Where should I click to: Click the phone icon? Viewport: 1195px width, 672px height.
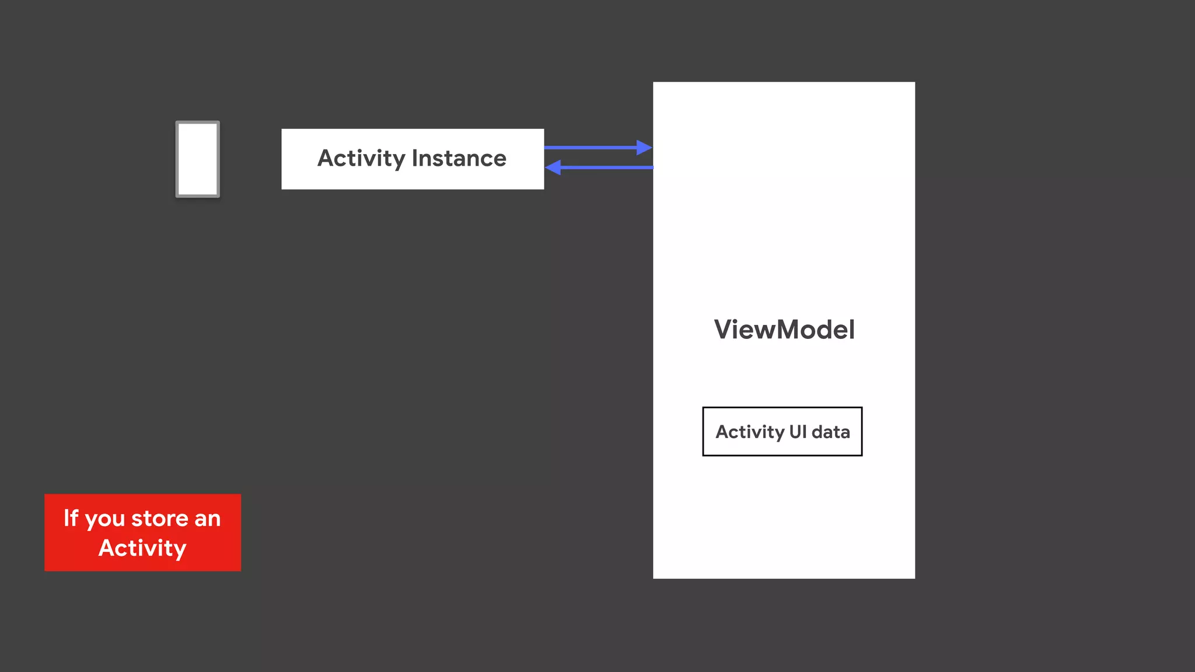[198, 159]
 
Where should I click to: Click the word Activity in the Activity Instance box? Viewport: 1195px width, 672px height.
[361, 159]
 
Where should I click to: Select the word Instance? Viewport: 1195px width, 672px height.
[459, 159]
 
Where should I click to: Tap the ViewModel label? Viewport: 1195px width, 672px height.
[784, 330]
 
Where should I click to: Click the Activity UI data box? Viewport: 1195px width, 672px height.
[782, 432]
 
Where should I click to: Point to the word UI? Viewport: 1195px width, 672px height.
[798, 432]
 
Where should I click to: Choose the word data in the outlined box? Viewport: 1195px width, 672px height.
[831, 432]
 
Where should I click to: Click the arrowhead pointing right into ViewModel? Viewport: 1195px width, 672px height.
[644, 148]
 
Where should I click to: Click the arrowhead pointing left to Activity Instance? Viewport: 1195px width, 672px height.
[553, 167]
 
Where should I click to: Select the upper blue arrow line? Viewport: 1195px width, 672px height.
[589, 148]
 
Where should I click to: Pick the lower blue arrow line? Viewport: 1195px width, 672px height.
[607, 167]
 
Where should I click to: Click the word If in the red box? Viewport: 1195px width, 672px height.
[71, 518]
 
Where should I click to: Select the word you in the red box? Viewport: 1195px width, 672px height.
[105, 519]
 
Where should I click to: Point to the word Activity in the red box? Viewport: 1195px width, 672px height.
[142, 548]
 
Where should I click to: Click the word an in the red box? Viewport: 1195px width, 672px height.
[208, 519]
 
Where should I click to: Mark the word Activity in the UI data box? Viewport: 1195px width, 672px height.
[750, 432]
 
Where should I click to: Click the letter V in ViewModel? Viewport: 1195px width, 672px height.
[724, 330]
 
